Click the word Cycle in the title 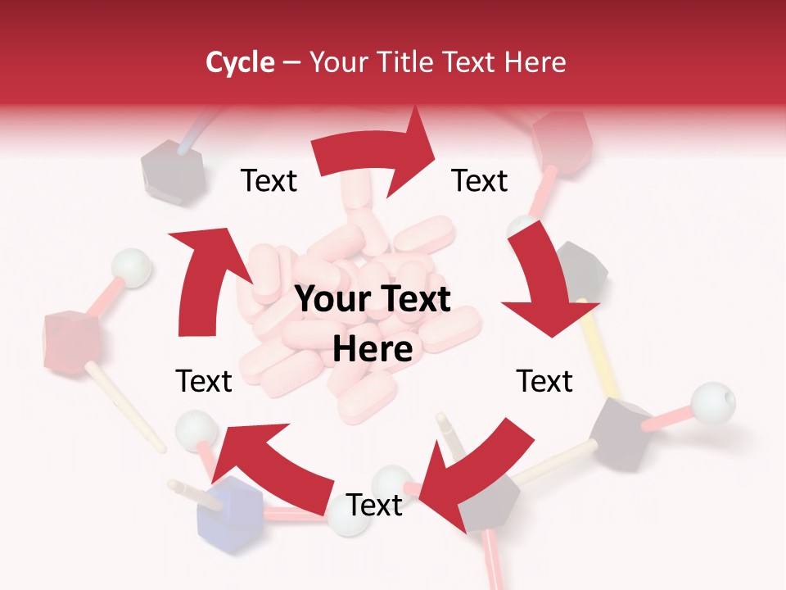pos(239,62)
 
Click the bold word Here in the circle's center pos(373,350)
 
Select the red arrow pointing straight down pos(544,283)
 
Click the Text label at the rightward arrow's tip pos(480,180)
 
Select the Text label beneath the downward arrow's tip pos(544,381)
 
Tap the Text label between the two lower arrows pos(374,506)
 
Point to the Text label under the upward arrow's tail pos(204,381)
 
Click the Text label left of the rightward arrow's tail pos(269,180)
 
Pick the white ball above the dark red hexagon pos(131,266)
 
